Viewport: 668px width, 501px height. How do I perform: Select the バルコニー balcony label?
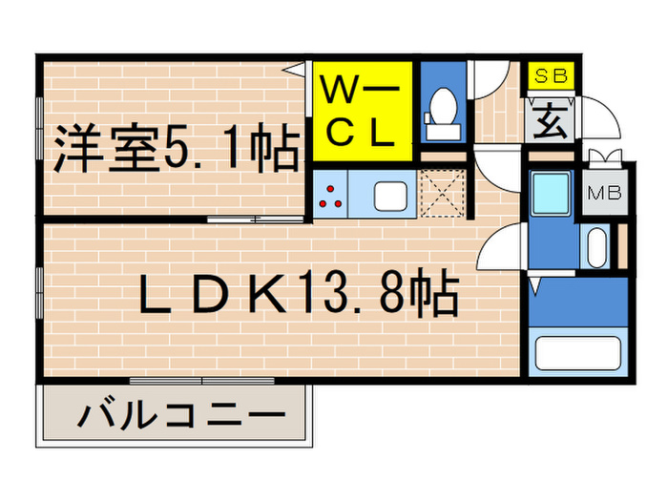pos(182,416)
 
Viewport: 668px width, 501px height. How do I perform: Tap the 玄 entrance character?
pos(550,121)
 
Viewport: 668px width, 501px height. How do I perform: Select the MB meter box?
pos(603,194)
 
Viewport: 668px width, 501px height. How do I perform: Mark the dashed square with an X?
pos(442,195)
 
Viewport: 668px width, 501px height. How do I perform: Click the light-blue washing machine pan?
pos(553,195)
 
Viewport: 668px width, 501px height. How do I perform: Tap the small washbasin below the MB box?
pos(597,247)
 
